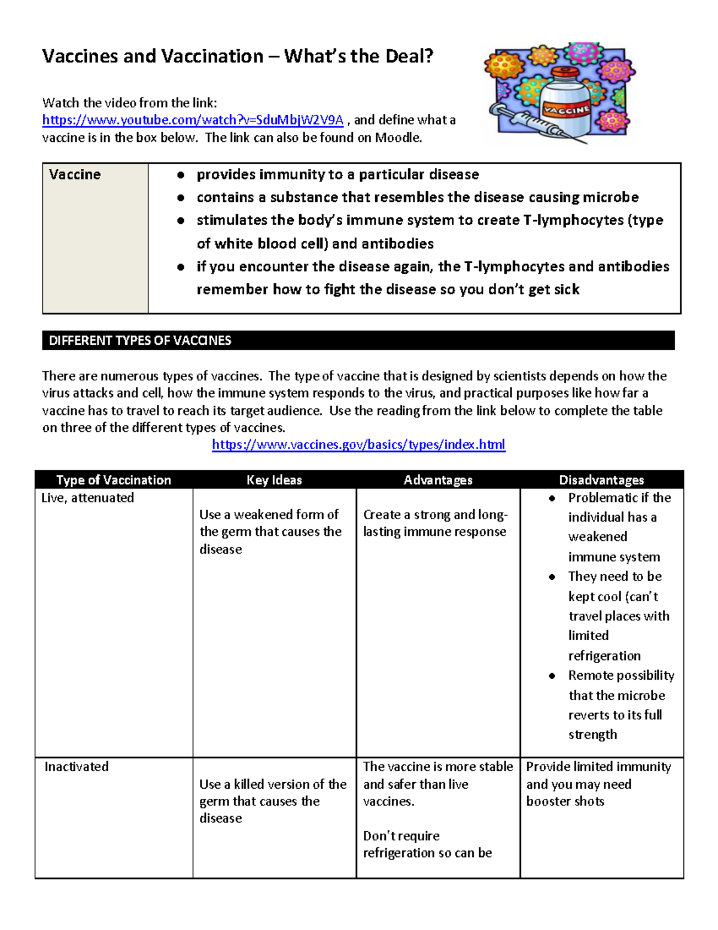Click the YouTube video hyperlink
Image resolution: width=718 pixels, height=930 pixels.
pyautogui.click(x=193, y=120)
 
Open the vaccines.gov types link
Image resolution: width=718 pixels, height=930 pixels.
pyautogui.click(x=358, y=444)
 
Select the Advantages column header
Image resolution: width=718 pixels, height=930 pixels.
pyautogui.click(x=438, y=480)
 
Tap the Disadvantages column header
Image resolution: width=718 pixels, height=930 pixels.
pyautogui.click(x=601, y=480)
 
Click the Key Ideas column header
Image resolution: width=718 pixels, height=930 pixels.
pyautogui.click(x=274, y=480)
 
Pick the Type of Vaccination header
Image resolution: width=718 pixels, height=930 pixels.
pyautogui.click(x=114, y=480)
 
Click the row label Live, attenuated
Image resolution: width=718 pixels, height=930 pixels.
pyautogui.click(x=88, y=498)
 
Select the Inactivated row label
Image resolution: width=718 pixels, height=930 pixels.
pyautogui.click(x=77, y=767)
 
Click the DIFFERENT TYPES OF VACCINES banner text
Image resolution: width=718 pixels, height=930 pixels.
pyautogui.click(x=140, y=341)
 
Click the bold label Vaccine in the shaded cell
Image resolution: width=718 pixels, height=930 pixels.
pyautogui.click(x=75, y=175)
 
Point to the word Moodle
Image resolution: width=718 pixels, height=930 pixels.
pyautogui.click(x=398, y=138)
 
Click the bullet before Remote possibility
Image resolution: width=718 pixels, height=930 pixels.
pyautogui.click(x=552, y=676)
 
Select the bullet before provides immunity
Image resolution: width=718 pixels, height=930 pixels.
pyautogui.click(x=180, y=175)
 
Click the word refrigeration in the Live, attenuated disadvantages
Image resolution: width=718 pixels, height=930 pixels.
pyautogui.click(x=604, y=656)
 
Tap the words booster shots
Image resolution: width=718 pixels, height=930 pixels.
pyautogui.click(x=565, y=801)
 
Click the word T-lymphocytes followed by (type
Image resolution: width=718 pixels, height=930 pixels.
pyautogui.click(x=573, y=220)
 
